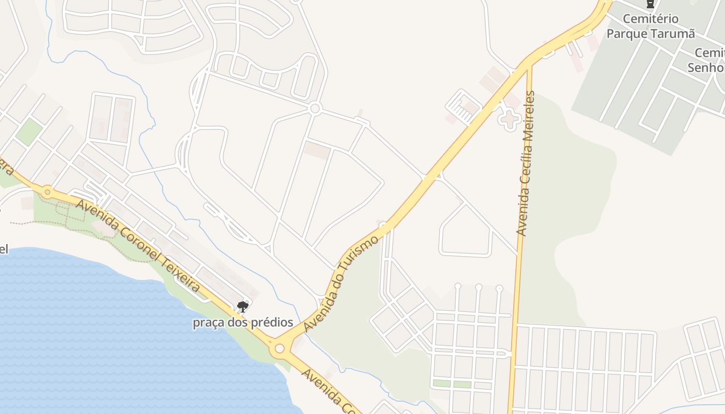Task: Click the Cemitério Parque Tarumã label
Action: click(x=650, y=26)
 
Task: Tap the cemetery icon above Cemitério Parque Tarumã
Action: click(x=650, y=4)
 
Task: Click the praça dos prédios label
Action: click(x=243, y=323)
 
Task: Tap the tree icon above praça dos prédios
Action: click(x=242, y=307)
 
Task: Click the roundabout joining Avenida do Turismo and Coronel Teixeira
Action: click(x=280, y=348)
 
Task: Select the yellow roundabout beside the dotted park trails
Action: click(x=48, y=192)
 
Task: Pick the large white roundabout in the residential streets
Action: click(x=314, y=109)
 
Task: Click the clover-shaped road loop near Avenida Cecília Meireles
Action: click(x=509, y=120)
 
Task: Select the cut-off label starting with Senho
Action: click(x=705, y=67)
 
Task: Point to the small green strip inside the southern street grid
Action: click(x=452, y=383)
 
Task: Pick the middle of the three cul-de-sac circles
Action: click(x=479, y=287)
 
